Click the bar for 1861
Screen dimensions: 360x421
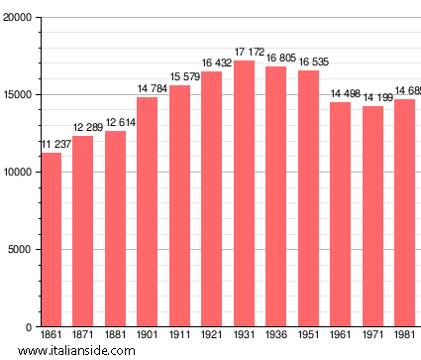coord(51,239)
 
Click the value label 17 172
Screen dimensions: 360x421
coord(245,52)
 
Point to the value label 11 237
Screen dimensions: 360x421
coord(52,145)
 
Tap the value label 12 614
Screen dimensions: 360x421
coord(115,122)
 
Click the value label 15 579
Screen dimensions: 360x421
coord(179,76)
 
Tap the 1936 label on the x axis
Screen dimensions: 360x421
coord(276,336)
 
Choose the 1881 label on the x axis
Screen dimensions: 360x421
coord(115,336)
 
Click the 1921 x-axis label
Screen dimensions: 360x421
coord(212,336)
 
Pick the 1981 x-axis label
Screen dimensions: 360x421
coord(405,336)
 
